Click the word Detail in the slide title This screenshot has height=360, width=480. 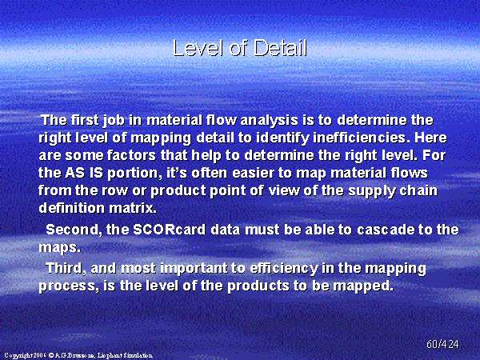280,48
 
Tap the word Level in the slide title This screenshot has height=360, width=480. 198,48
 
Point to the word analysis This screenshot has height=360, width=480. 269,120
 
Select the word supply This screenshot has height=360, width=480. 372,191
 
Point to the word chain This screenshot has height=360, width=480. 418,190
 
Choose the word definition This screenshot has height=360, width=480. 72,208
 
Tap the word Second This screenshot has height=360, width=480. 74,230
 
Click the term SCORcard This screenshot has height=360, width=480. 170,230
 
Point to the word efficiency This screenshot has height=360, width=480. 284,269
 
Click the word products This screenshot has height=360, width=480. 258,286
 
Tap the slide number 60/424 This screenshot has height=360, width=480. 442,344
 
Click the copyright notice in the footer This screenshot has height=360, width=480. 78,355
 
